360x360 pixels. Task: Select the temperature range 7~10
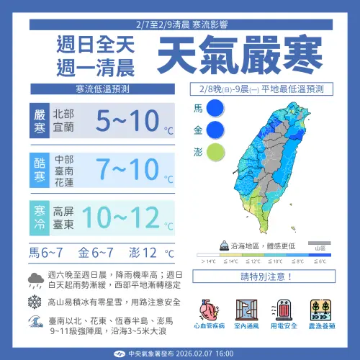(118, 169)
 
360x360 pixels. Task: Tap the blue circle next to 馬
(215, 109)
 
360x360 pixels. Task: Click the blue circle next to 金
(215, 130)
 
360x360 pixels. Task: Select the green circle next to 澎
(215, 152)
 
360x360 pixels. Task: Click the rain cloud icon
(34, 279)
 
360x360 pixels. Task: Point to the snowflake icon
(34, 302)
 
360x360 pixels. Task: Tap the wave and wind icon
(34, 325)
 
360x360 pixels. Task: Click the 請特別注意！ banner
(263, 276)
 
